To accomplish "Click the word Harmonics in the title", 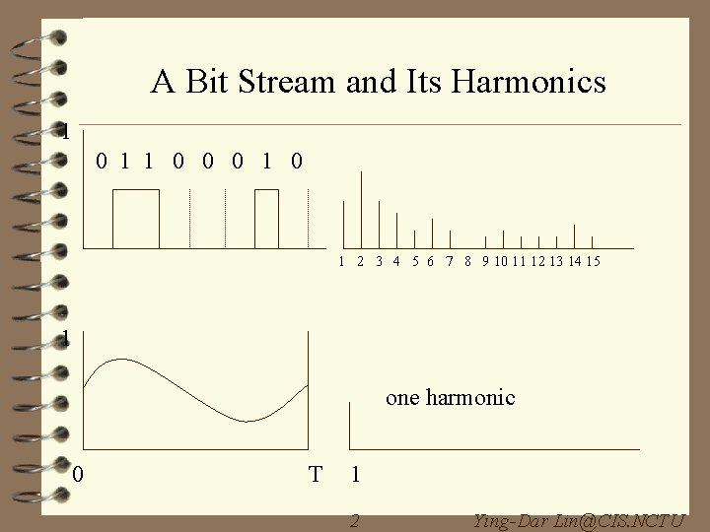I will pos(539,83).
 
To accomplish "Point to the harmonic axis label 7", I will pos(450,262).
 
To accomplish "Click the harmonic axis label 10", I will pos(503,262).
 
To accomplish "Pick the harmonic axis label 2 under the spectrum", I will pos(361,262).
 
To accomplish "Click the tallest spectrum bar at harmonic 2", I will pos(361,209).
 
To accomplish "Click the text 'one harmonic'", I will pos(450,398).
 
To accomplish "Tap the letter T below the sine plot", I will pos(315,475).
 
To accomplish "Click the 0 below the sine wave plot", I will pos(79,475).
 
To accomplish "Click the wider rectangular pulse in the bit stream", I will pos(136,218).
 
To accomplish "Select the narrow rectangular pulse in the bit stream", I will pos(267,218).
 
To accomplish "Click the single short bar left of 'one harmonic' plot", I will pos(351,424).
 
